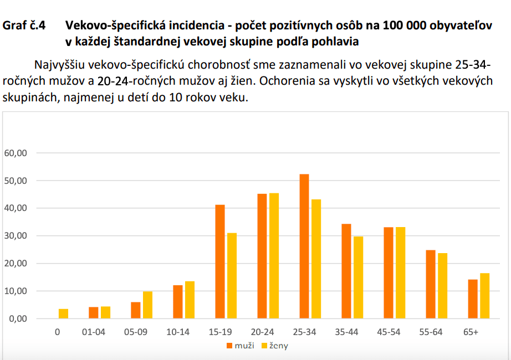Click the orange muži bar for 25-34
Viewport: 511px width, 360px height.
tap(304, 246)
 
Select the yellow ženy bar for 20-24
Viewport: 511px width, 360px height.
tap(274, 256)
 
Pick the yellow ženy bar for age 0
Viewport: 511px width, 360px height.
tap(63, 313)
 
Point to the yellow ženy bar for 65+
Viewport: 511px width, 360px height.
tap(484, 296)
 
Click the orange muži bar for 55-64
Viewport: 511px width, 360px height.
tap(431, 284)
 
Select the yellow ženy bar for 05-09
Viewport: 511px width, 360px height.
tap(147, 305)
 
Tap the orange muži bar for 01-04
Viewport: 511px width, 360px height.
tap(94, 313)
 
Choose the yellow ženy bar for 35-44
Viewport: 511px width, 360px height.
tap(358, 277)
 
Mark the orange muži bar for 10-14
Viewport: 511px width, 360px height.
tap(178, 302)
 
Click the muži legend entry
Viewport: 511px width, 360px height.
tap(242, 346)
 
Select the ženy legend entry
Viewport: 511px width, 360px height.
tap(275, 346)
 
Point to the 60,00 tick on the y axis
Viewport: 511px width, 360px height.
tap(16, 153)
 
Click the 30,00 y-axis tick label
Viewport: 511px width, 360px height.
tap(16, 236)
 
